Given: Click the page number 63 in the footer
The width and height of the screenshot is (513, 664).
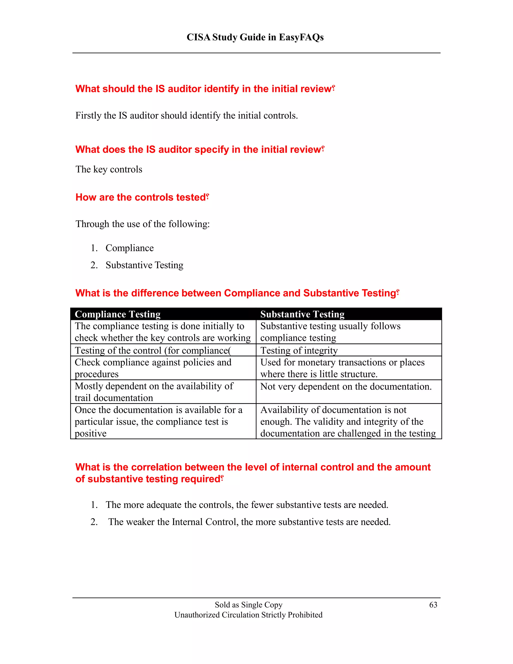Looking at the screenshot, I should coord(433,605).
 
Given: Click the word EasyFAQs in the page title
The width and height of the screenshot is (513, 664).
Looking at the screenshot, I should coord(301,37).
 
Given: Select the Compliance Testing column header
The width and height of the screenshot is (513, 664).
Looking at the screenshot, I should coord(118,314).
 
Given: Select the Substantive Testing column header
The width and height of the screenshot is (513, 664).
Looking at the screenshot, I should coord(302,314).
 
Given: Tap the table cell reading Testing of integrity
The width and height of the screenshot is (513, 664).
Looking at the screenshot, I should coord(299,350).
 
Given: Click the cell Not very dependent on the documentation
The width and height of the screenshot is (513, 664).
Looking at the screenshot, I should coord(346,386).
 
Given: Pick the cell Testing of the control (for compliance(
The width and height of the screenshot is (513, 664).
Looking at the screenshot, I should coord(153,350).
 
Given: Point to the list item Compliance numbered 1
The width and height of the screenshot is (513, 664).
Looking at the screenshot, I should coord(130,248).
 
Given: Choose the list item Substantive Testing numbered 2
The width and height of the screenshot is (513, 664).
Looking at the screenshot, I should coord(144,265).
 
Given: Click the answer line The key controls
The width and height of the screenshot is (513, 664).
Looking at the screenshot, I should coord(109,169).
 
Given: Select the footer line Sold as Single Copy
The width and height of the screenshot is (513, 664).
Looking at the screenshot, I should coord(248,605).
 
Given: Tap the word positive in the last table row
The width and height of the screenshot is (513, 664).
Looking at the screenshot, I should coord(91,433).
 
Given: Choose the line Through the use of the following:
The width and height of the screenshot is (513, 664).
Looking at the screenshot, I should coord(143,224).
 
